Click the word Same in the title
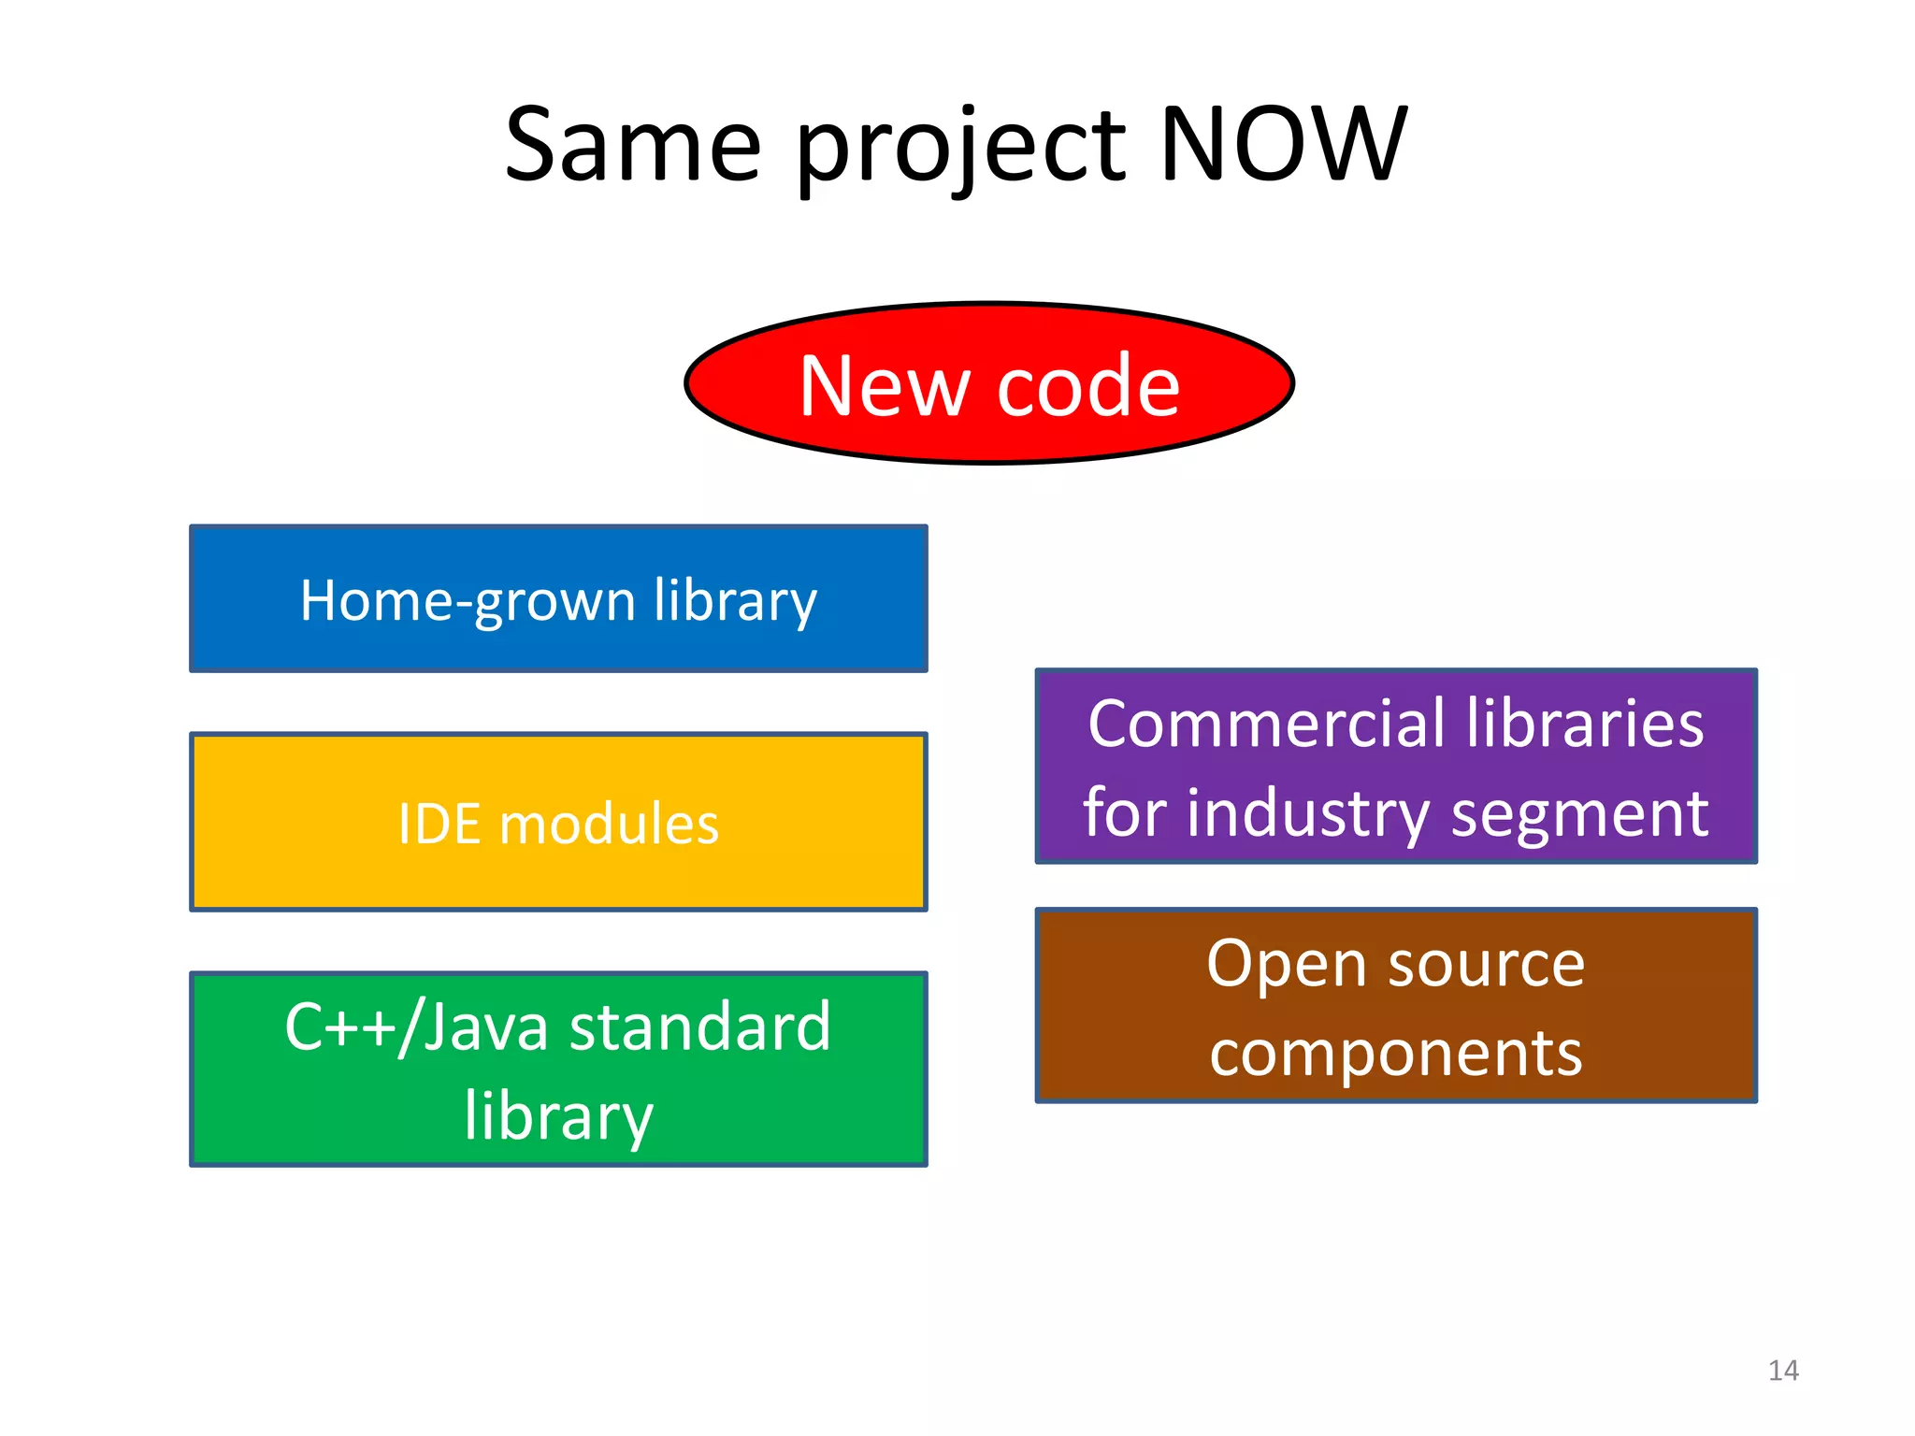pyautogui.click(x=633, y=145)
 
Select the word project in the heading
pyautogui.click(x=961, y=150)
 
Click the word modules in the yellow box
pyautogui.click(x=609, y=825)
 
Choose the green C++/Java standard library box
pyautogui.click(x=558, y=1069)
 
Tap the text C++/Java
pyautogui.click(x=416, y=1027)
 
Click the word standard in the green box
pyautogui.click(x=700, y=1027)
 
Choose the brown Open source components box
pyautogui.click(x=1396, y=1006)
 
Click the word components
pyautogui.click(x=1396, y=1054)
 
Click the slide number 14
pyautogui.click(x=1783, y=1371)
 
